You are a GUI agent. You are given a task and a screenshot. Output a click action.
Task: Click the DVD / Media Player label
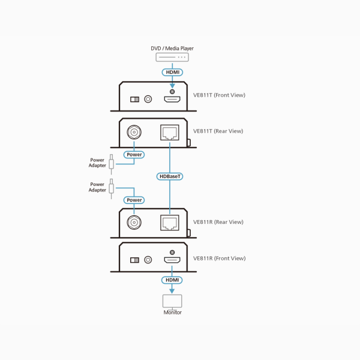(x=172, y=49)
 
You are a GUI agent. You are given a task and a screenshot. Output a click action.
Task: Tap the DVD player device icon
(x=172, y=58)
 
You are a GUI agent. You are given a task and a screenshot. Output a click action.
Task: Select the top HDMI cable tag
(x=172, y=72)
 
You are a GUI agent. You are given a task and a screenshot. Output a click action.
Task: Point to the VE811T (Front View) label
(x=219, y=95)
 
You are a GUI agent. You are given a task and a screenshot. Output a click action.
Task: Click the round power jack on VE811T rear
(x=133, y=131)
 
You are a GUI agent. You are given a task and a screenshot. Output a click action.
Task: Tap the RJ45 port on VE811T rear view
(x=170, y=133)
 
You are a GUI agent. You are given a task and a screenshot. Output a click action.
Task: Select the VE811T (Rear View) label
(x=218, y=131)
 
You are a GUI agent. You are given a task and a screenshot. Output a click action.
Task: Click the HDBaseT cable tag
(x=170, y=176)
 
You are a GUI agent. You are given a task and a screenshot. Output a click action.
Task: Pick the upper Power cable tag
(x=134, y=154)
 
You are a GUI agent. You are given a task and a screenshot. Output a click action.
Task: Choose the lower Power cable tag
(x=134, y=200)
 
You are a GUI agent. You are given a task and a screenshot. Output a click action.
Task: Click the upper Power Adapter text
(x=97, y=163)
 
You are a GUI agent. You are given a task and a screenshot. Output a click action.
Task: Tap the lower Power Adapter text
(x=97, y=187)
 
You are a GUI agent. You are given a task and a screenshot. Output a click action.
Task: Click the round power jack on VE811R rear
(x=133, y=223)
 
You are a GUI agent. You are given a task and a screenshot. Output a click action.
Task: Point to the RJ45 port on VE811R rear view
(x=170, y=223)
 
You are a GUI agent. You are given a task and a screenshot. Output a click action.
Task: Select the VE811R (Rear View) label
(x=218, y=222)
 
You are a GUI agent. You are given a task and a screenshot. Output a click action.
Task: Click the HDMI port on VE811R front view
(x=173, y=260)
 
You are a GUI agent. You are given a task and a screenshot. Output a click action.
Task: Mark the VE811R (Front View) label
(x=219, y=259)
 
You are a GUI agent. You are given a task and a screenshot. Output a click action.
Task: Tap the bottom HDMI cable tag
(x=172, y=280)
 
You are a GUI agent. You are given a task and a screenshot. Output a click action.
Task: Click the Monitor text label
(x=172, y=313)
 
